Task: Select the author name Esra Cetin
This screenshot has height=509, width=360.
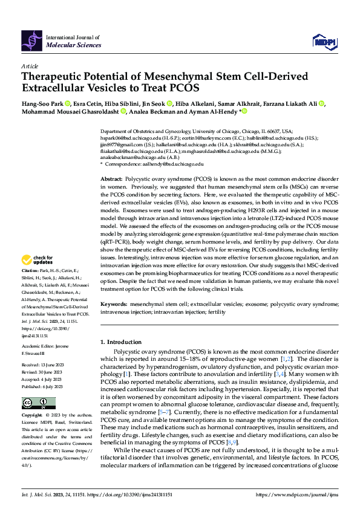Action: click(88, 103)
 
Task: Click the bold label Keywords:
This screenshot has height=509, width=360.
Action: click(114, 305)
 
